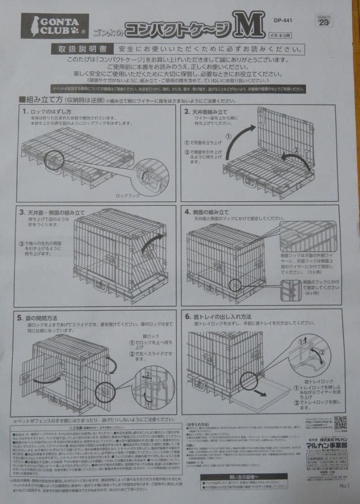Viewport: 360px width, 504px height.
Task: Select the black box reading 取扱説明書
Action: (x=82, y=49)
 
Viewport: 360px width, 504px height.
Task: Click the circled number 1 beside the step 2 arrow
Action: (x=228, y=136)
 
